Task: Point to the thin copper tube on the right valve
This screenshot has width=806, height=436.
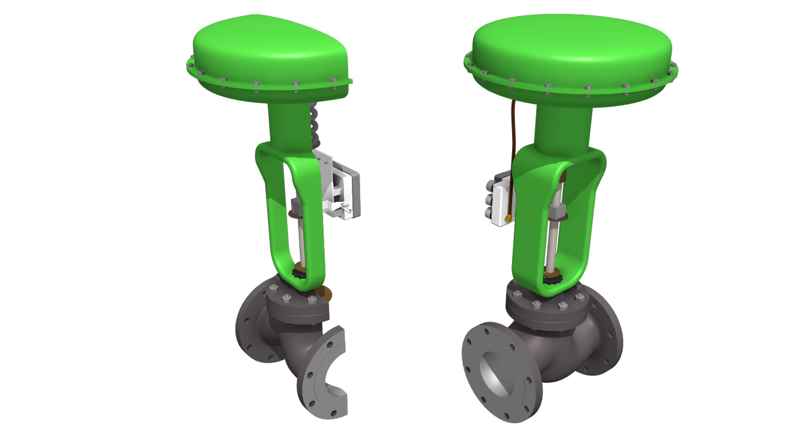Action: pos(513,139)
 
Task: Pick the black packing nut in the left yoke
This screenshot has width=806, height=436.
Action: pos(299,275)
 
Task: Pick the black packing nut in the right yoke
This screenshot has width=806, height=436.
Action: pos(550,278)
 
